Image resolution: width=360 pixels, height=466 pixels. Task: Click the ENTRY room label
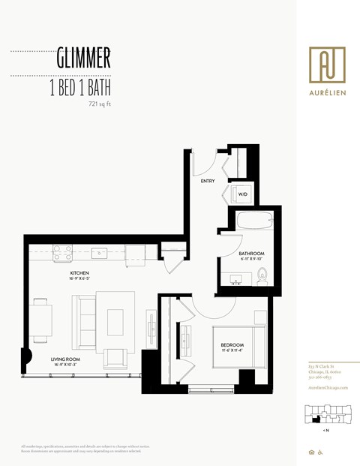[208, 181]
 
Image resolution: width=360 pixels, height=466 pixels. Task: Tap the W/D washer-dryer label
[242, 194]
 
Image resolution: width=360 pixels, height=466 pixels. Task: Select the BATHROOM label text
[250, 254]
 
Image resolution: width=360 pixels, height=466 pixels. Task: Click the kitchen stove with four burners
[62, 253]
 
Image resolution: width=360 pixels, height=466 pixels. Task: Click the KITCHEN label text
[81, 272]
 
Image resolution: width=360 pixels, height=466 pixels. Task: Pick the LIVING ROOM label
[64, 359]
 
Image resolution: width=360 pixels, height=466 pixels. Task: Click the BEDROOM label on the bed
[232, 347]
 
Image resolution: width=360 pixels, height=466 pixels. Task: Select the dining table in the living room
[41, 318]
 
